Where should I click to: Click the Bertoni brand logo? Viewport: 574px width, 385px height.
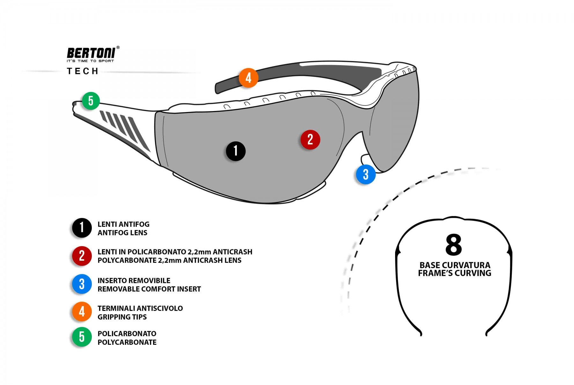pos(91,54)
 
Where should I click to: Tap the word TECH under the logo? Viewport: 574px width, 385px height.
pos(83,71)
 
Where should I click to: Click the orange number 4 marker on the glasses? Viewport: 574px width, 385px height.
pos(248,78)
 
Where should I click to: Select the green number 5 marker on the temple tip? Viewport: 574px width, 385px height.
pos(91,101)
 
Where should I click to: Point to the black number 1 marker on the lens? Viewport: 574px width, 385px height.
pos(236,151)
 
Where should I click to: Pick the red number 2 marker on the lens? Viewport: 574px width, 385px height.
pos(310,140)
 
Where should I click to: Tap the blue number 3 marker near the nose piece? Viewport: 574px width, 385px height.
pos(366,175)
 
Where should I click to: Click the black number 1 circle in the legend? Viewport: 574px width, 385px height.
pos(82,228)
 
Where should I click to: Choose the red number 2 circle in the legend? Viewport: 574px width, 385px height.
pos(82,256)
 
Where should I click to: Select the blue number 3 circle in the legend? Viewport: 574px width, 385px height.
pos(82,284)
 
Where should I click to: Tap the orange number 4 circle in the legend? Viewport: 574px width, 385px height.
pos(82,312)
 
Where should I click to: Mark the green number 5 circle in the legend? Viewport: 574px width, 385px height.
pos(82,337)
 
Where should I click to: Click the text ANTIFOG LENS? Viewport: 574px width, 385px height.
pos(122,233)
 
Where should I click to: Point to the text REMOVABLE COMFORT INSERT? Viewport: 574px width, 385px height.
pos(149,289)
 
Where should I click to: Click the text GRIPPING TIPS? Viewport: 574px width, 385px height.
pos(122,317)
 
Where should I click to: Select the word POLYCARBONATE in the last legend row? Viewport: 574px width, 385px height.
pos(127,342)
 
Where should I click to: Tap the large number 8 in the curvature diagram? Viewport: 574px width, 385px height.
pos(454,245)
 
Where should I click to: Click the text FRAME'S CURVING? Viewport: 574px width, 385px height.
pos(454,273)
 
